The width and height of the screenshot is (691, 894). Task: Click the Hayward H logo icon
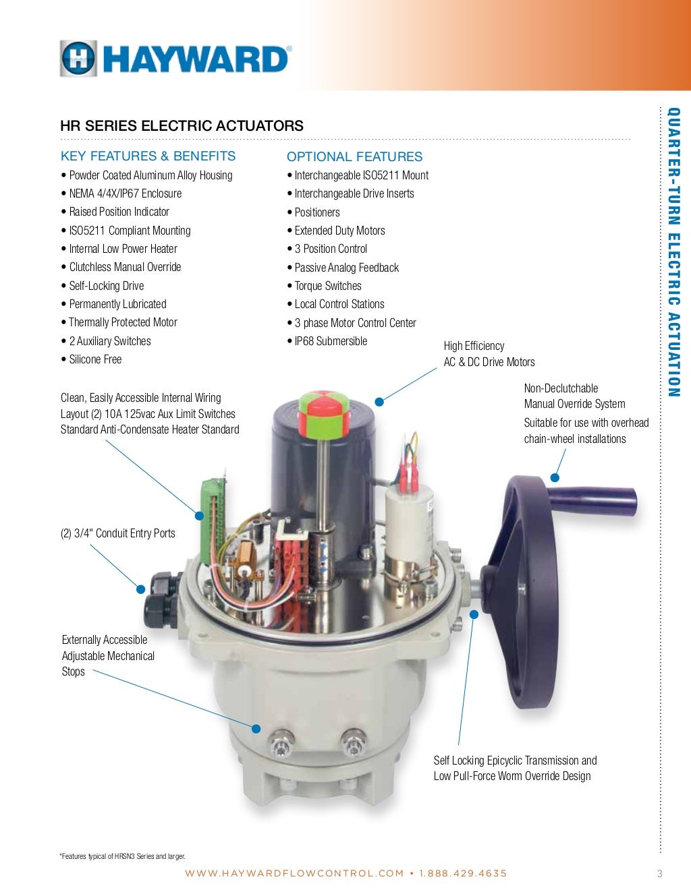click(x=79, y=58)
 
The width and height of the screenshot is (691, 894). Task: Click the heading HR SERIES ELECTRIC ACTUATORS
click(x=182, y=125)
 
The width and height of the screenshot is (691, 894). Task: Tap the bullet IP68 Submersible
click(x=327, y=341)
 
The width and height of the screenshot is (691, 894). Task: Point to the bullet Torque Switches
click(x=324, y=286)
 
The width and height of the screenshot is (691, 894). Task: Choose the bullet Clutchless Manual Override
click(x=121, y=267)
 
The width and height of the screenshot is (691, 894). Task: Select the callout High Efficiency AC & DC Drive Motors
click(x=489, y=354)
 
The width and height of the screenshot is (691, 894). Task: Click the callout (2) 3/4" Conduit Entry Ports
click(x=118, y=533)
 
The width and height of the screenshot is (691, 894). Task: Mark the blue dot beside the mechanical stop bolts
click(x=256, y=729)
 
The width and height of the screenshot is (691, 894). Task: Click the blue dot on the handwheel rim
click(x=555, y=477)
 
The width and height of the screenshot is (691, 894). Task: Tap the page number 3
click(x=660, y=873)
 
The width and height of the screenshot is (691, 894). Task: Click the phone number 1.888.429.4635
click(x=463, y=873)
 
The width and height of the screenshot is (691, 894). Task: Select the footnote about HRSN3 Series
click(x=123, y=856)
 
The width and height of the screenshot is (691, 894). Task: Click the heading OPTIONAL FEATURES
click(x=354, y=156)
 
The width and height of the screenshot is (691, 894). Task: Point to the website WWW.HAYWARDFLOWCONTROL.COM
click(x=294, y=873)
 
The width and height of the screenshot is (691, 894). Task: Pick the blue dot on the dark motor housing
click(x=379, y=402)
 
